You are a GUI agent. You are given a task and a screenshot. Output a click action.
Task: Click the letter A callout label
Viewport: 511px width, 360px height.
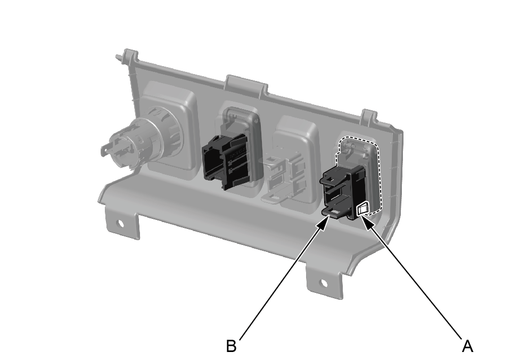(467, 346)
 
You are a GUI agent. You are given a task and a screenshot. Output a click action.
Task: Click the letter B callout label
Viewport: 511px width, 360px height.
(231, 346)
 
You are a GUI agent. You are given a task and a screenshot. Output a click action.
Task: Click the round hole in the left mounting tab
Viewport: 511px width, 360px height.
(120, 223)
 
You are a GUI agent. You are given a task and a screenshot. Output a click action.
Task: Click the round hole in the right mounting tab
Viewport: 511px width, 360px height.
(324, 283)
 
